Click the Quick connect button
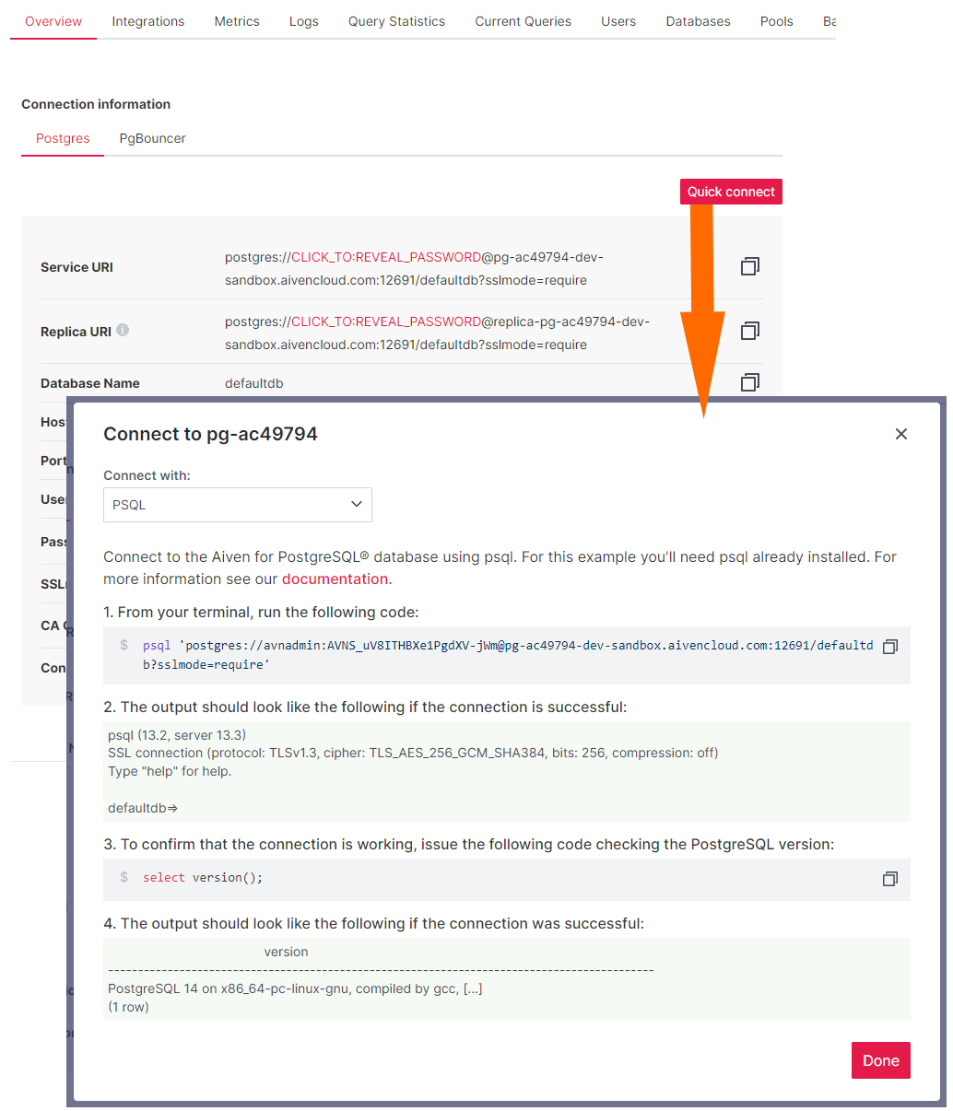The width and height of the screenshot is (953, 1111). coord(731,192)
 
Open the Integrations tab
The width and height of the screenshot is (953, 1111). coord(147,21)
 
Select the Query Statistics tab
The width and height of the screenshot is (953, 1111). coord(396,21)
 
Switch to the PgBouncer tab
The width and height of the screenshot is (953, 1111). coord(152,138)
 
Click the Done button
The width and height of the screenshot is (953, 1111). coord(880,1060)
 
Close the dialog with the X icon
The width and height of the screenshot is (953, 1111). coord(901,434)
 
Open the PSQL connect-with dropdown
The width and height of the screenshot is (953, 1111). coord(238,505)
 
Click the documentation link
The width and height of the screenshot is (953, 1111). coord(335,579)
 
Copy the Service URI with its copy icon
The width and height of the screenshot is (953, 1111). coord(750,266)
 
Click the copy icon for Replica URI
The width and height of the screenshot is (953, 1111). coord(750,331)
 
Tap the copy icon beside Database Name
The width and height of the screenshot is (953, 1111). coord(750,382)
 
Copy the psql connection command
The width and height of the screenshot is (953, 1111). coord(889,647)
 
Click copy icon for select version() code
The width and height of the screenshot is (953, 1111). coord(889,879)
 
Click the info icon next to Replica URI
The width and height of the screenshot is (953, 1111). coord(123,330)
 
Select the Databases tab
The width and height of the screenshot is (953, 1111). coord(698,21)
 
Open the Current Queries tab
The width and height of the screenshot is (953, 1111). coord(523,21)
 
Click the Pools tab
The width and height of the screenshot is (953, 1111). coord(776,21)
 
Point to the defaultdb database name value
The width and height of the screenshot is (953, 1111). coord(254,383)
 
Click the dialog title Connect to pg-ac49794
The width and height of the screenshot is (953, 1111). coord(210,434)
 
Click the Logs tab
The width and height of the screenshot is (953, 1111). coord(303,21)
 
